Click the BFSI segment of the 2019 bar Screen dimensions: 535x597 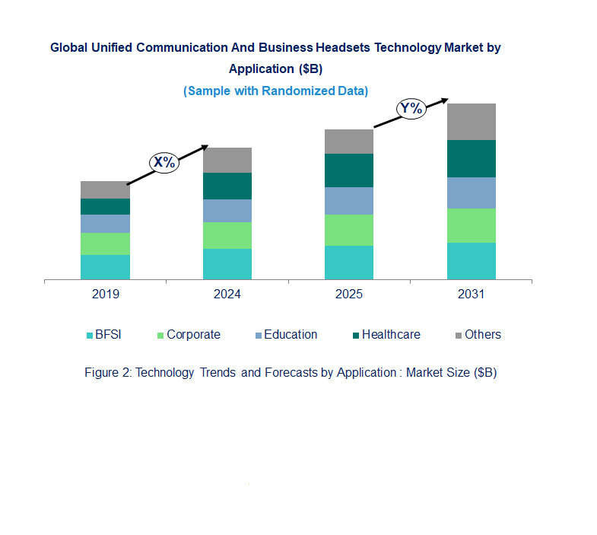105,267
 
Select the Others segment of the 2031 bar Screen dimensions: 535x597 471,122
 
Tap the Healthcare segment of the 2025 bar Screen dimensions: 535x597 349,170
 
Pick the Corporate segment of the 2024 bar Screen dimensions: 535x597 227,235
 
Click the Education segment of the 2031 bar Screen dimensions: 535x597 471,193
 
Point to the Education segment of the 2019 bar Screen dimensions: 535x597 105,224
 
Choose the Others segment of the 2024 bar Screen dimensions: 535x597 227,160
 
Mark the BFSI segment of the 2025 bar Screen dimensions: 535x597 349,263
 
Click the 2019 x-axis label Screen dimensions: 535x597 105,294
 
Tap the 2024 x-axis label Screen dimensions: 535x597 227,294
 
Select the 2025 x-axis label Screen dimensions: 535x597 349,294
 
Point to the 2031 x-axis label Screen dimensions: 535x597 471,294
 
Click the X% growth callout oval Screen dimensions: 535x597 164,162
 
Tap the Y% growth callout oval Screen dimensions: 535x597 411,109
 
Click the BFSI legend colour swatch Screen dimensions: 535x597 89,336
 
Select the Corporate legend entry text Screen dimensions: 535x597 193,335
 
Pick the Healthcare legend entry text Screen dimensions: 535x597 391,335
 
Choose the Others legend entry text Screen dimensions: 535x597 483,335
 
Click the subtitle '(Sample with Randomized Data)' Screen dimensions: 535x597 275,91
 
